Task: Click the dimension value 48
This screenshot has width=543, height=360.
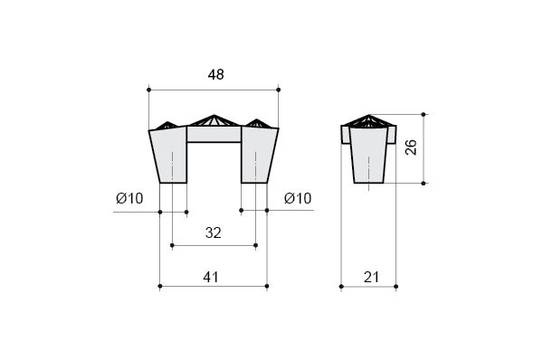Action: point(215,74)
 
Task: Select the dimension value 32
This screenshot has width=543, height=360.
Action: point(213,232)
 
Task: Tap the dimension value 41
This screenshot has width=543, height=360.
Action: point(211,277)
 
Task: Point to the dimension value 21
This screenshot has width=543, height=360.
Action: point(372,277)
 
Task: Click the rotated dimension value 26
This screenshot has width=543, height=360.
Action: point(411,147)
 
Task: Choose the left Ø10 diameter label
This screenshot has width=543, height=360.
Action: point(129,198)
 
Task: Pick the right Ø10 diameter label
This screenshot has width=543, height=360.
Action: point(298,198)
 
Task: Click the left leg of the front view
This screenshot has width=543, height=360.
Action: point(170,155)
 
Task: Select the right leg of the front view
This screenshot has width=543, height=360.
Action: point(258,155)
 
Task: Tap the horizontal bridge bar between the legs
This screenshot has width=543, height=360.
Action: point(214,134)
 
